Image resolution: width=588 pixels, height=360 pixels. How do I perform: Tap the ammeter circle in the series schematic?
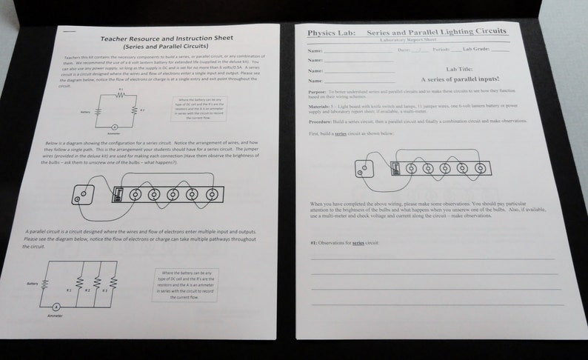coord(114,127)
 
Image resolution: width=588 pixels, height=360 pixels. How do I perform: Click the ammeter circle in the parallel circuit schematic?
coord(56,306)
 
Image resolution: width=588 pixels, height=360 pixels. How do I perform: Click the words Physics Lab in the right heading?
coord(327,33)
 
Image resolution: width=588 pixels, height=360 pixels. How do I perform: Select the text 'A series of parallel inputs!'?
coord(459,79)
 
